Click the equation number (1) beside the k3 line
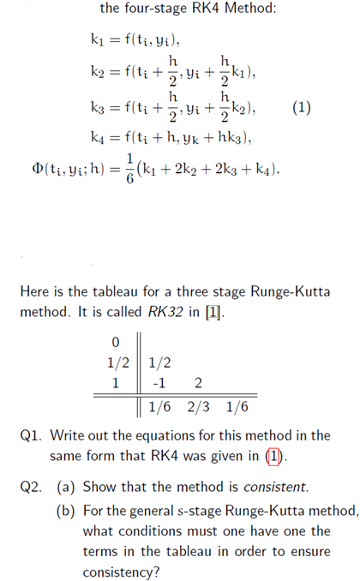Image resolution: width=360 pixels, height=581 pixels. pyautogui.click(x=301, y=109)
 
